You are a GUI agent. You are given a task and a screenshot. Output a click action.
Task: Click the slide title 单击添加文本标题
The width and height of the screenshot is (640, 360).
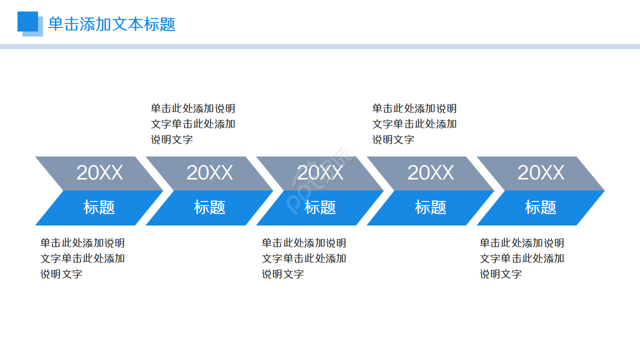click(111, 24)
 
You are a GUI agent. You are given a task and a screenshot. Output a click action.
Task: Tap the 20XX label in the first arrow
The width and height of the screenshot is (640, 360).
click(99, 173)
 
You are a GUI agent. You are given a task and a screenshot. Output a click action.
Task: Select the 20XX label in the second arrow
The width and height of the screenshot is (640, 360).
click(209, 173)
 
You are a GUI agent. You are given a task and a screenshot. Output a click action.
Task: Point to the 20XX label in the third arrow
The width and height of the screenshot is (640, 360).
click(320, 173)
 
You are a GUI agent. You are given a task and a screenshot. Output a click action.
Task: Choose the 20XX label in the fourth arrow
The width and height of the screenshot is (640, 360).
click(430, 173)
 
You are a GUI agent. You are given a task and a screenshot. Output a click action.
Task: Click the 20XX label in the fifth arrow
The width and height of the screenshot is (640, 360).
click(540, 173)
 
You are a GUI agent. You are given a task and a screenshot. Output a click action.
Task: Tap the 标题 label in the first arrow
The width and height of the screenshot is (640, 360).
click(99, 207)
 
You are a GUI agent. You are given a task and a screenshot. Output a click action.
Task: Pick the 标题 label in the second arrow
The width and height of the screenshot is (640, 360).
click(209, 207)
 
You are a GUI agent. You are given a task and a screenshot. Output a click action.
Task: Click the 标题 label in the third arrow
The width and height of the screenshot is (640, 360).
click(320, 207)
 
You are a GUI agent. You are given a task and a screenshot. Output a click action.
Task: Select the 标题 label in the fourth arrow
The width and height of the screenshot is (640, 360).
click(430, 207)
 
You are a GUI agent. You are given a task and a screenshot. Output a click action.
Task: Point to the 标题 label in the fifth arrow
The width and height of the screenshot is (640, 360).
click(540, 207)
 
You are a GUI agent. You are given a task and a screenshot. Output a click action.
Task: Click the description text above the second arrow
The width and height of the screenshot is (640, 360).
click(193, 124)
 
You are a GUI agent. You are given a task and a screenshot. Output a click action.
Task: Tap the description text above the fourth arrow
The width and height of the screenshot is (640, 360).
click(414, 124)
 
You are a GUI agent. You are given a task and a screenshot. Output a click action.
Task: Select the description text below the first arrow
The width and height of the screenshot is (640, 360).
click(82, 258)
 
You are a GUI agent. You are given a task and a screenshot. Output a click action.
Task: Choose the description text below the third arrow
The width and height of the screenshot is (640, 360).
click(303, 258)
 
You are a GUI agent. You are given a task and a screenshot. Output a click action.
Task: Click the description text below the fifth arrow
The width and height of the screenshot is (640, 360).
click(522, 258)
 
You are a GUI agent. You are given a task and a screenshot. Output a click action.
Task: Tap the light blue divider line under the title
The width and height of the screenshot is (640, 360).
click(320, 46)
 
